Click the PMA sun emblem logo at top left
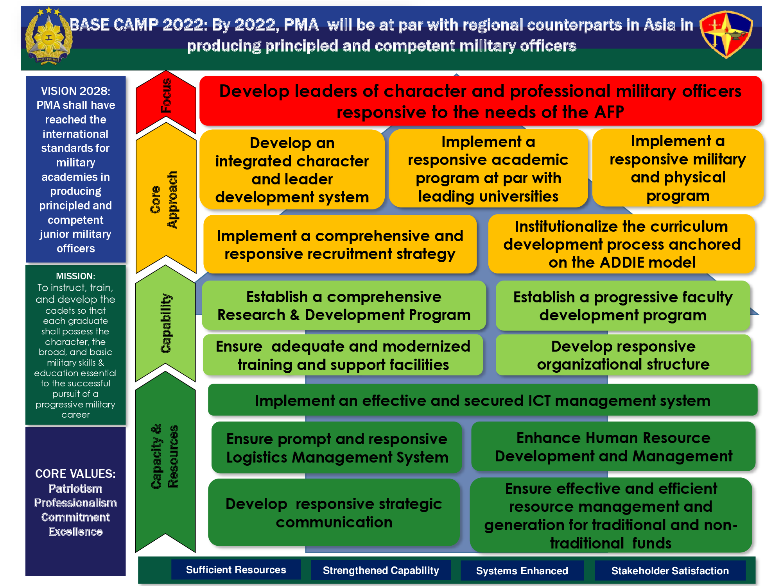point(48,36)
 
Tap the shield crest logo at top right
point(726,34)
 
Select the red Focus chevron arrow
point(166,102)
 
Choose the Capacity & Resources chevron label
point(164,456)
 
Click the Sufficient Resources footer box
point(236,570)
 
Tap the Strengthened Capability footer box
point(381,570)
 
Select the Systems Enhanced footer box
point(522,571)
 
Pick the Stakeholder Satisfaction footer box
point(670,571)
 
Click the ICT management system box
point(482,400)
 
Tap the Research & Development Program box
point(344,306)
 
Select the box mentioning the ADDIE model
point(622,244)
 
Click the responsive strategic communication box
point(334,512)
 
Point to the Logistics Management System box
point(337,448)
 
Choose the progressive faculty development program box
point(623,306)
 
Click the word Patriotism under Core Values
point(75,489)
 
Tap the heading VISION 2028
point(75,91)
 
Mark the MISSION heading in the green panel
point(75,276)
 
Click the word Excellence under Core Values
point(75,532)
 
